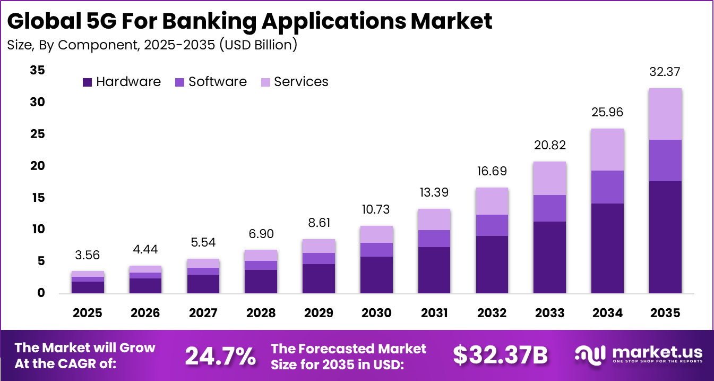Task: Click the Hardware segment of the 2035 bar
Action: pos(665,237)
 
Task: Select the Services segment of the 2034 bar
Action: pos(607,149)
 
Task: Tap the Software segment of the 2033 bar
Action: pos(549,208)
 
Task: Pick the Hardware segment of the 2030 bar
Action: pos(376,275)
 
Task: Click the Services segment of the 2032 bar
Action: pos(492,201)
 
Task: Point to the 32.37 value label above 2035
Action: pos(665,72)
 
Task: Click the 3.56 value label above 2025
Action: pos(88,255)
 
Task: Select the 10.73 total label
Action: pos(376,209)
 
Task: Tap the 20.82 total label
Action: pos(549,145)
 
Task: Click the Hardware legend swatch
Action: pos(87,82)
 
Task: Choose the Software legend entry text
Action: pos(218,82)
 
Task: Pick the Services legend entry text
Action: pos(301,82)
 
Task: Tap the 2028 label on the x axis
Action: pos(261,312)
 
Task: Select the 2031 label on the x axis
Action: pos(434,312)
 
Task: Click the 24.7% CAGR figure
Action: pos(220,355)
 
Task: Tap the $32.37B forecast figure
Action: pos(500,355)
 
